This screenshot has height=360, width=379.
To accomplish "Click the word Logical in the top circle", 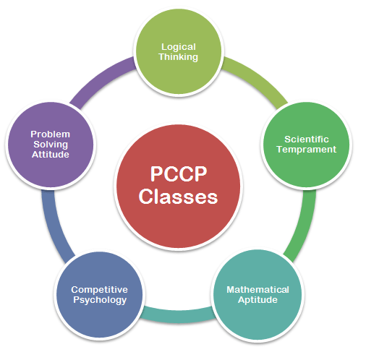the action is tap(179, 48).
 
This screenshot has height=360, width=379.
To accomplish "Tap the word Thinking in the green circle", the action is tap(179, 57).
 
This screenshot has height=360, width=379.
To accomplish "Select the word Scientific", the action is tap(307, 140).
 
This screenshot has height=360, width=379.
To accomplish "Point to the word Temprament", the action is tap(307, 150).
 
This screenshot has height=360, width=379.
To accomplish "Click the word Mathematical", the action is tap(257, 289).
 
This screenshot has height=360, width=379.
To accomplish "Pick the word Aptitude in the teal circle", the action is tap(257, 300).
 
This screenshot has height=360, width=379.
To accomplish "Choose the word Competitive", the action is tap(99, 290).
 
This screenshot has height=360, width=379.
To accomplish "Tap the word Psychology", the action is tap(100, 300).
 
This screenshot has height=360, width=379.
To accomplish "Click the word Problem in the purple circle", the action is tap(51, 134).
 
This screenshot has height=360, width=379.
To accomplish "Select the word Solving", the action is tap(51, 145).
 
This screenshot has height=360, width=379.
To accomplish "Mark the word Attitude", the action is tap(51, 155).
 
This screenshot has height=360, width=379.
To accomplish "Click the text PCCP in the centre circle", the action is tap(179, 173).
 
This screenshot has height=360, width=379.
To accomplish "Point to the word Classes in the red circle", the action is tap(179, 197).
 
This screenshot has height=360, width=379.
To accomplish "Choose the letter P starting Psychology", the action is tap(76, 299).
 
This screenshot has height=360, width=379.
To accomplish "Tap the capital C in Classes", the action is tap(146, 197).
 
